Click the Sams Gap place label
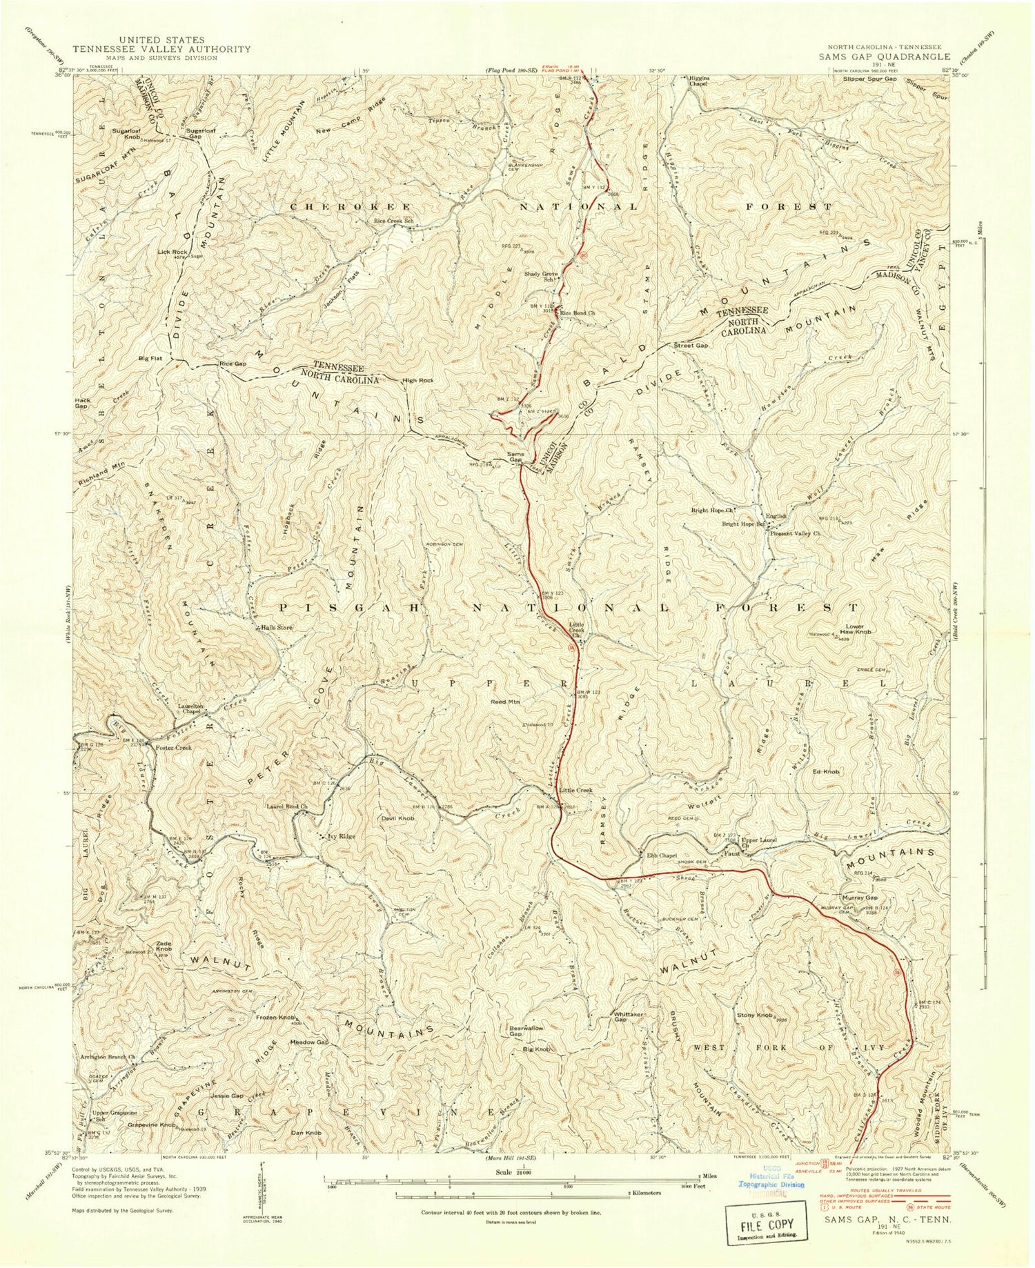(516, 457)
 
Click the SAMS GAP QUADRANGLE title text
(884, 57)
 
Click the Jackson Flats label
(337, 298)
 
